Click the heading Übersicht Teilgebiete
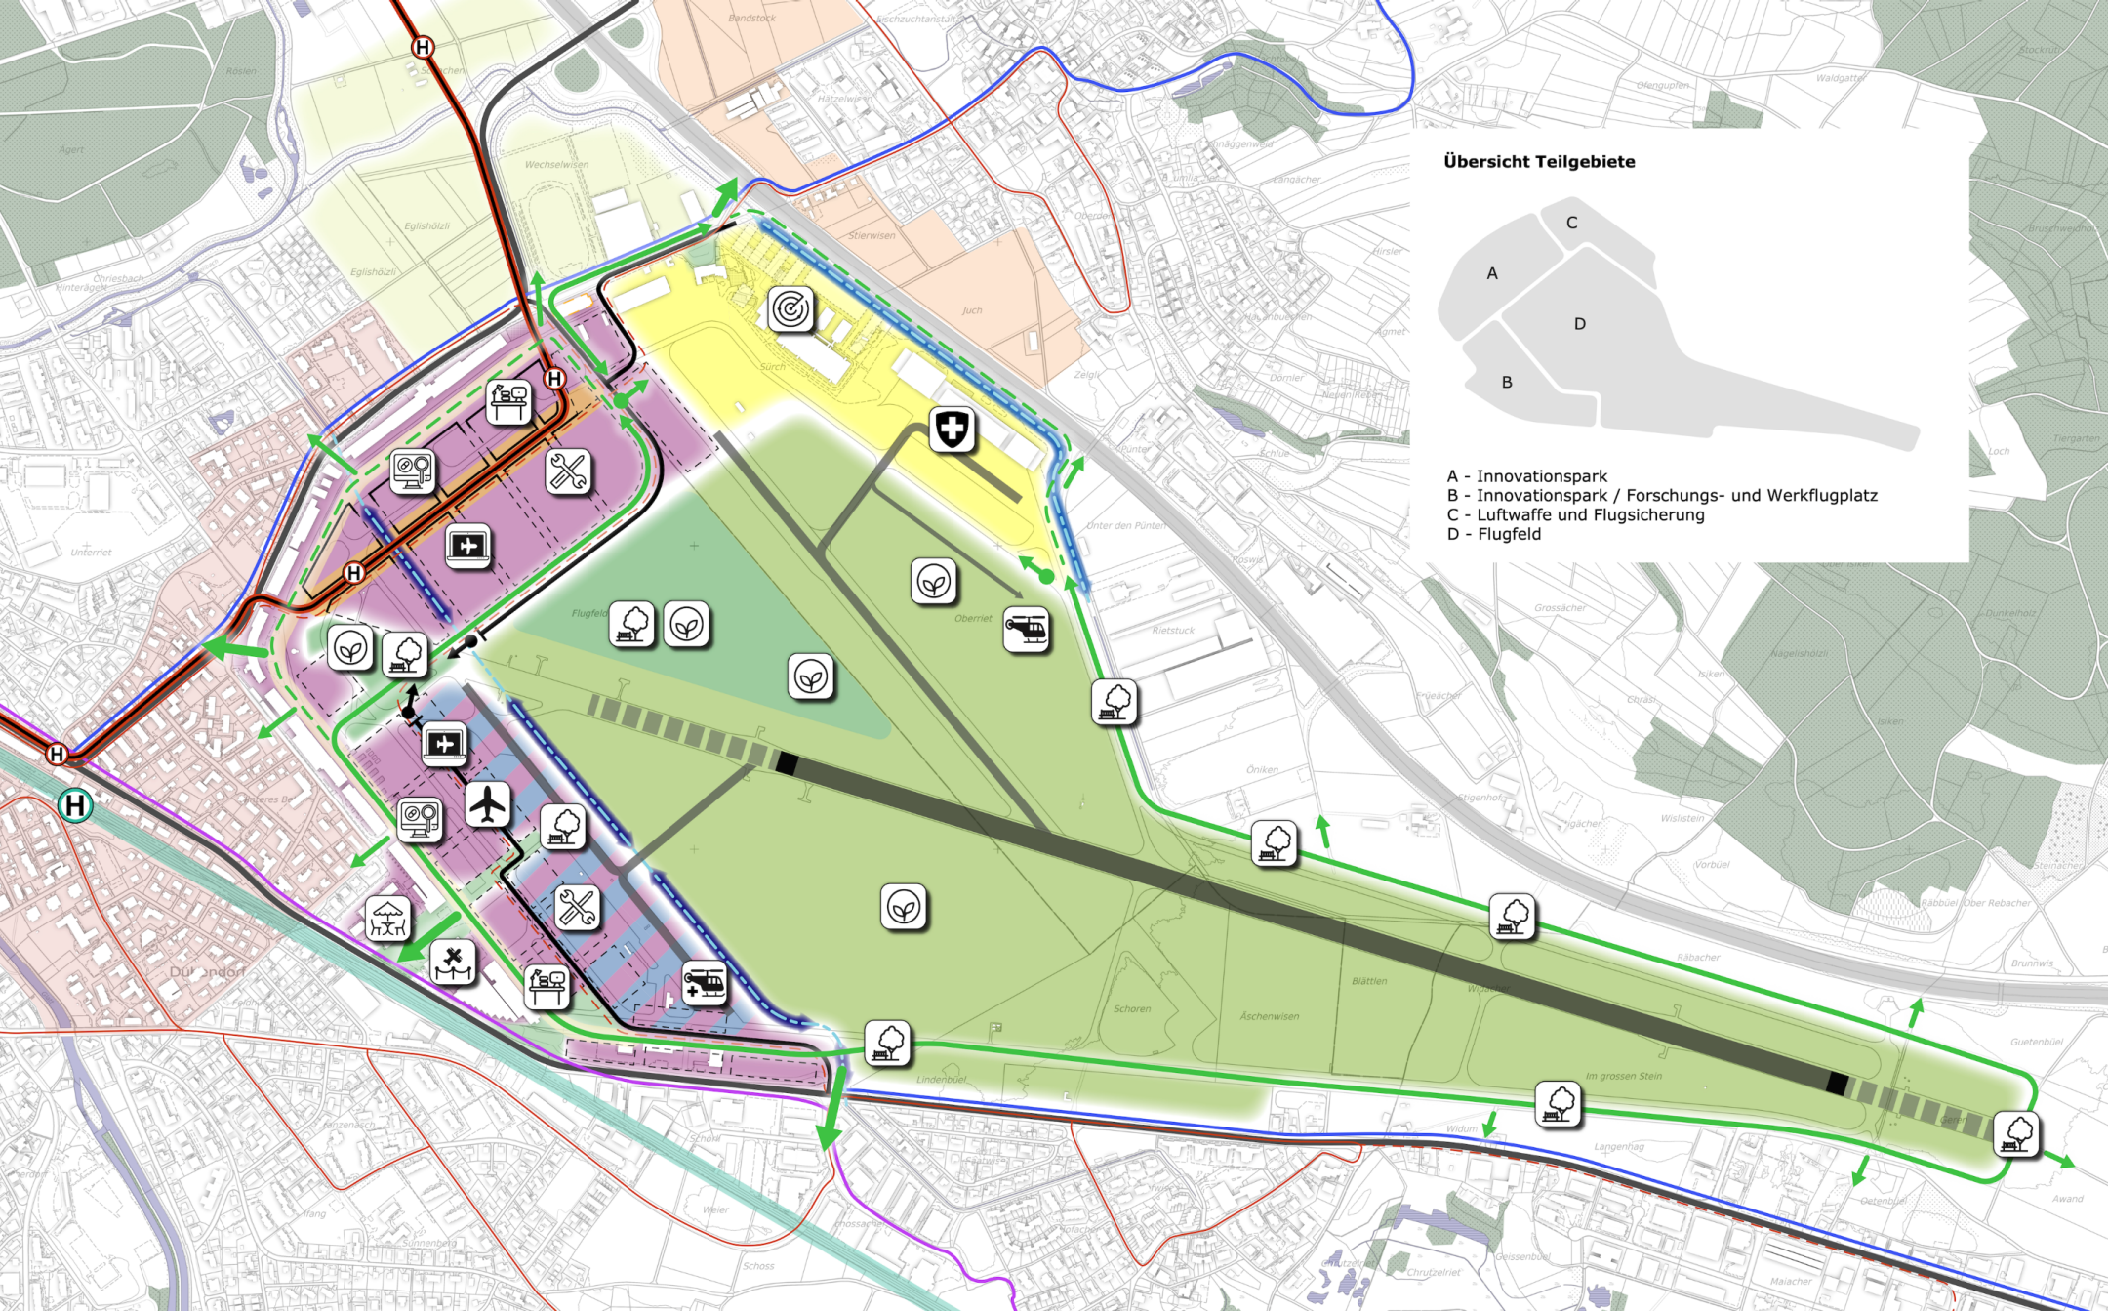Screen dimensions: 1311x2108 point(1539,162)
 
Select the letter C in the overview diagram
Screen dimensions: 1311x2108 point(1571,223)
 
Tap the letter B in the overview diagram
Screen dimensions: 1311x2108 point(1507,383)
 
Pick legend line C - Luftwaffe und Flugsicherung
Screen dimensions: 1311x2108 point(1575,514)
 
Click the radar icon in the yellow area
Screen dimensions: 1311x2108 point(790,309)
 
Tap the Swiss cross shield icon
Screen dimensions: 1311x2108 point(952,430)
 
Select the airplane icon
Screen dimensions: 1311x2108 point(487,804)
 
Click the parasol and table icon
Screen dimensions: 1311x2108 point(387,919)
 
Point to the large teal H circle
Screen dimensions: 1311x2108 point(75,805)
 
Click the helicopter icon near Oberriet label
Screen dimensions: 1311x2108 point(1026,630)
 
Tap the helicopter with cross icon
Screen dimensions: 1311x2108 point(704,983)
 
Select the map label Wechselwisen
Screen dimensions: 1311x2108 point(556,165)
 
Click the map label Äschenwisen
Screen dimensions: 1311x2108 point(1269,1016)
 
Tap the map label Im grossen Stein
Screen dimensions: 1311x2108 point(1623,1076)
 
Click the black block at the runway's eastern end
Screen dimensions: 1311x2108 point(1837,1083)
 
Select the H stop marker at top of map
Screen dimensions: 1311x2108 point(423,47)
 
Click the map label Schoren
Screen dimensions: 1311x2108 point(1132,1008)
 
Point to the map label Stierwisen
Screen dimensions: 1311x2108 point(872,235)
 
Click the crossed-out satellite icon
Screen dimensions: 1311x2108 point(454,963)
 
